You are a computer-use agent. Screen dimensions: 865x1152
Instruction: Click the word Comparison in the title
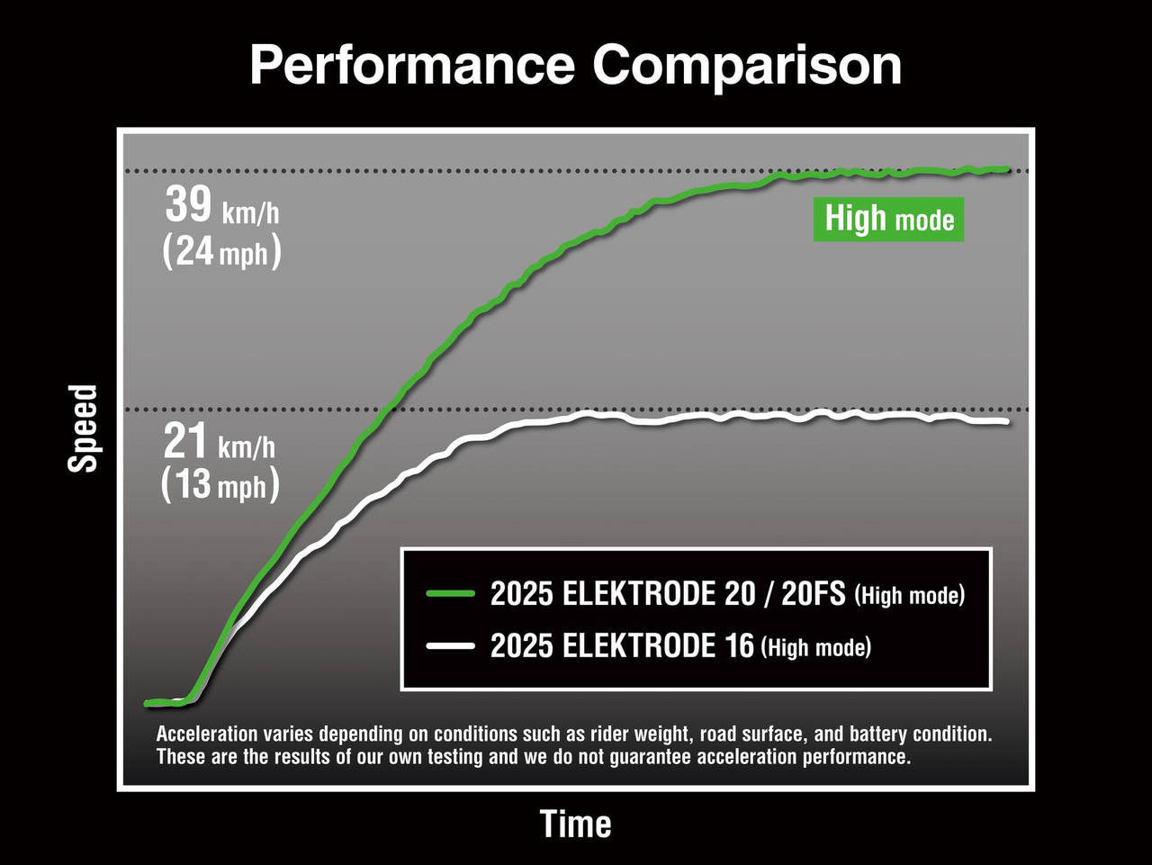click(747, 67)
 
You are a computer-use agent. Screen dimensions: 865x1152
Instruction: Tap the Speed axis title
click(83, 428)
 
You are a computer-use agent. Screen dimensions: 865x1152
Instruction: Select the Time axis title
click(575, 824)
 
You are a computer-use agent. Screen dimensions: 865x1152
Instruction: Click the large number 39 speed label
click(188, 205)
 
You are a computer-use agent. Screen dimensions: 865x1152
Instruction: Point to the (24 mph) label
click(221, 252)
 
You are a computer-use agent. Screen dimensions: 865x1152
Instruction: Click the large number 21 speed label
click(186, 442)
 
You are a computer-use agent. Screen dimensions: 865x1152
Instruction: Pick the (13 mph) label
click(220, 485)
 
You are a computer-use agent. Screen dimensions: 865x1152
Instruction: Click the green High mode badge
click(889, 219)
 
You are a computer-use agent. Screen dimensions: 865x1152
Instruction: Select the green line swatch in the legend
click(450, 593)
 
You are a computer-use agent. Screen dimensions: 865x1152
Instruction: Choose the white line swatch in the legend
click(450, 645)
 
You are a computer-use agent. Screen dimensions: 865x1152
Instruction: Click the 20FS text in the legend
click(813, 594)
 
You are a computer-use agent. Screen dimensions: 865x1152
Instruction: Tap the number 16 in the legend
click(738, 646)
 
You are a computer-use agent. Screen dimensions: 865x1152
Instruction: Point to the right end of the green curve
click(1005, 168)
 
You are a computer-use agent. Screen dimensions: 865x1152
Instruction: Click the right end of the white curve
click(1005, 421)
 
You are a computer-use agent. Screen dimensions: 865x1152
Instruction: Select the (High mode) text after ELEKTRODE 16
click(816, 647)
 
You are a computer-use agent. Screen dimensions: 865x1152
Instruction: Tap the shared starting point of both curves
click(149, 703)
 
